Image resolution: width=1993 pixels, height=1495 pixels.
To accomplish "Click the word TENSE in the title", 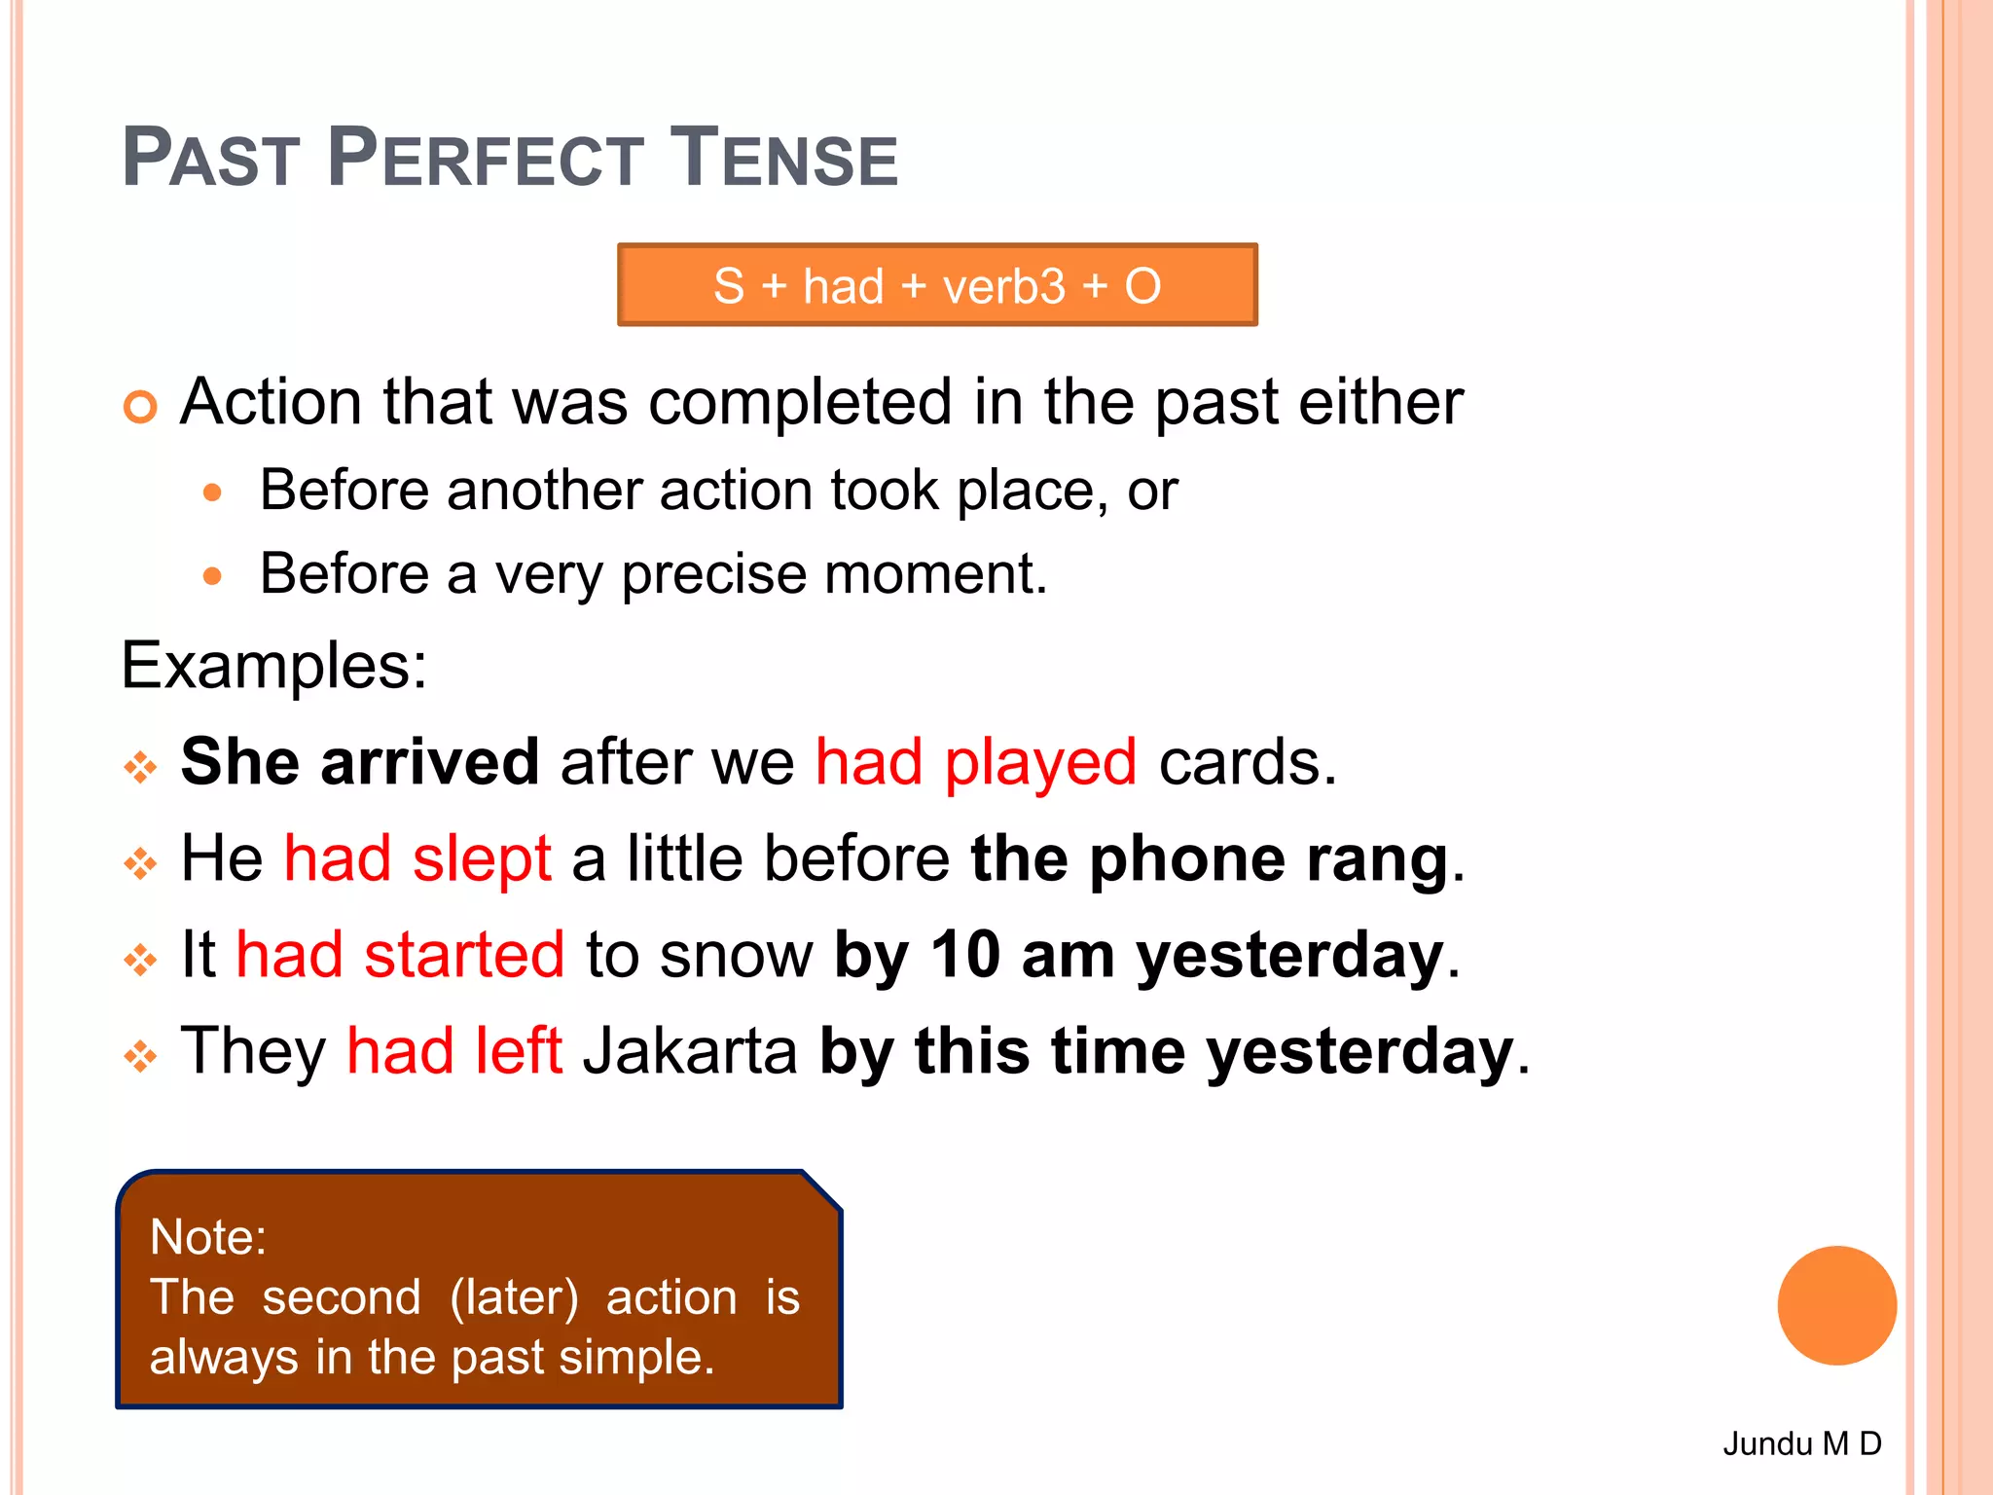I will coord(784,158).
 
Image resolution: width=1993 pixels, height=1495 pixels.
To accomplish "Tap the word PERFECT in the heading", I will coord(485,158).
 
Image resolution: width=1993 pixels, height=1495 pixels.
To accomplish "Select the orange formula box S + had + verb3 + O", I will coord(937,285).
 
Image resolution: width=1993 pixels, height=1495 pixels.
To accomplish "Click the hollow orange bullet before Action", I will coord(140,406).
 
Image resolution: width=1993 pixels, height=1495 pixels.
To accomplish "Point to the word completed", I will coord(800,402).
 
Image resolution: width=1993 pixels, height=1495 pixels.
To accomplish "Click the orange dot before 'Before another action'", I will coord(212,492).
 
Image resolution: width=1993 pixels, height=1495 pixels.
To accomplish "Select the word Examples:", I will coord(273,667).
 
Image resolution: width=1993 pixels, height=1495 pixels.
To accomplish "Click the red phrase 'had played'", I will coord(975,761).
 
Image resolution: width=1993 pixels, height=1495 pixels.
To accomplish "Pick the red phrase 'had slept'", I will coord(417,858).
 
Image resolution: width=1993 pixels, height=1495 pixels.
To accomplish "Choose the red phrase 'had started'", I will coord(400,954).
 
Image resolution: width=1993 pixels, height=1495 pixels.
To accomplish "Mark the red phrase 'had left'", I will coord(454,1051).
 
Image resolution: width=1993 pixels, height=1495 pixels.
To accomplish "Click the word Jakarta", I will coord(690,1051).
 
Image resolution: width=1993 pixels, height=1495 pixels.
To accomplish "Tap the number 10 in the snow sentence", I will coord(964,954).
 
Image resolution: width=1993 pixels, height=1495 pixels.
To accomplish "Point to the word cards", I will coord(1247,761).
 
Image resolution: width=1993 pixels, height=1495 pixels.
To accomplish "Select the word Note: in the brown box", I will coord(208,1237).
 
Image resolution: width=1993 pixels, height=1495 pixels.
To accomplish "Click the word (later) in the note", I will coord(514,1297).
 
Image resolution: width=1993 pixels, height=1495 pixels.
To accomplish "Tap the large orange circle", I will coord(1836,1305).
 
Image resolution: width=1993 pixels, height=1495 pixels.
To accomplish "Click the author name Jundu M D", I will coord(1801,1443).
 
